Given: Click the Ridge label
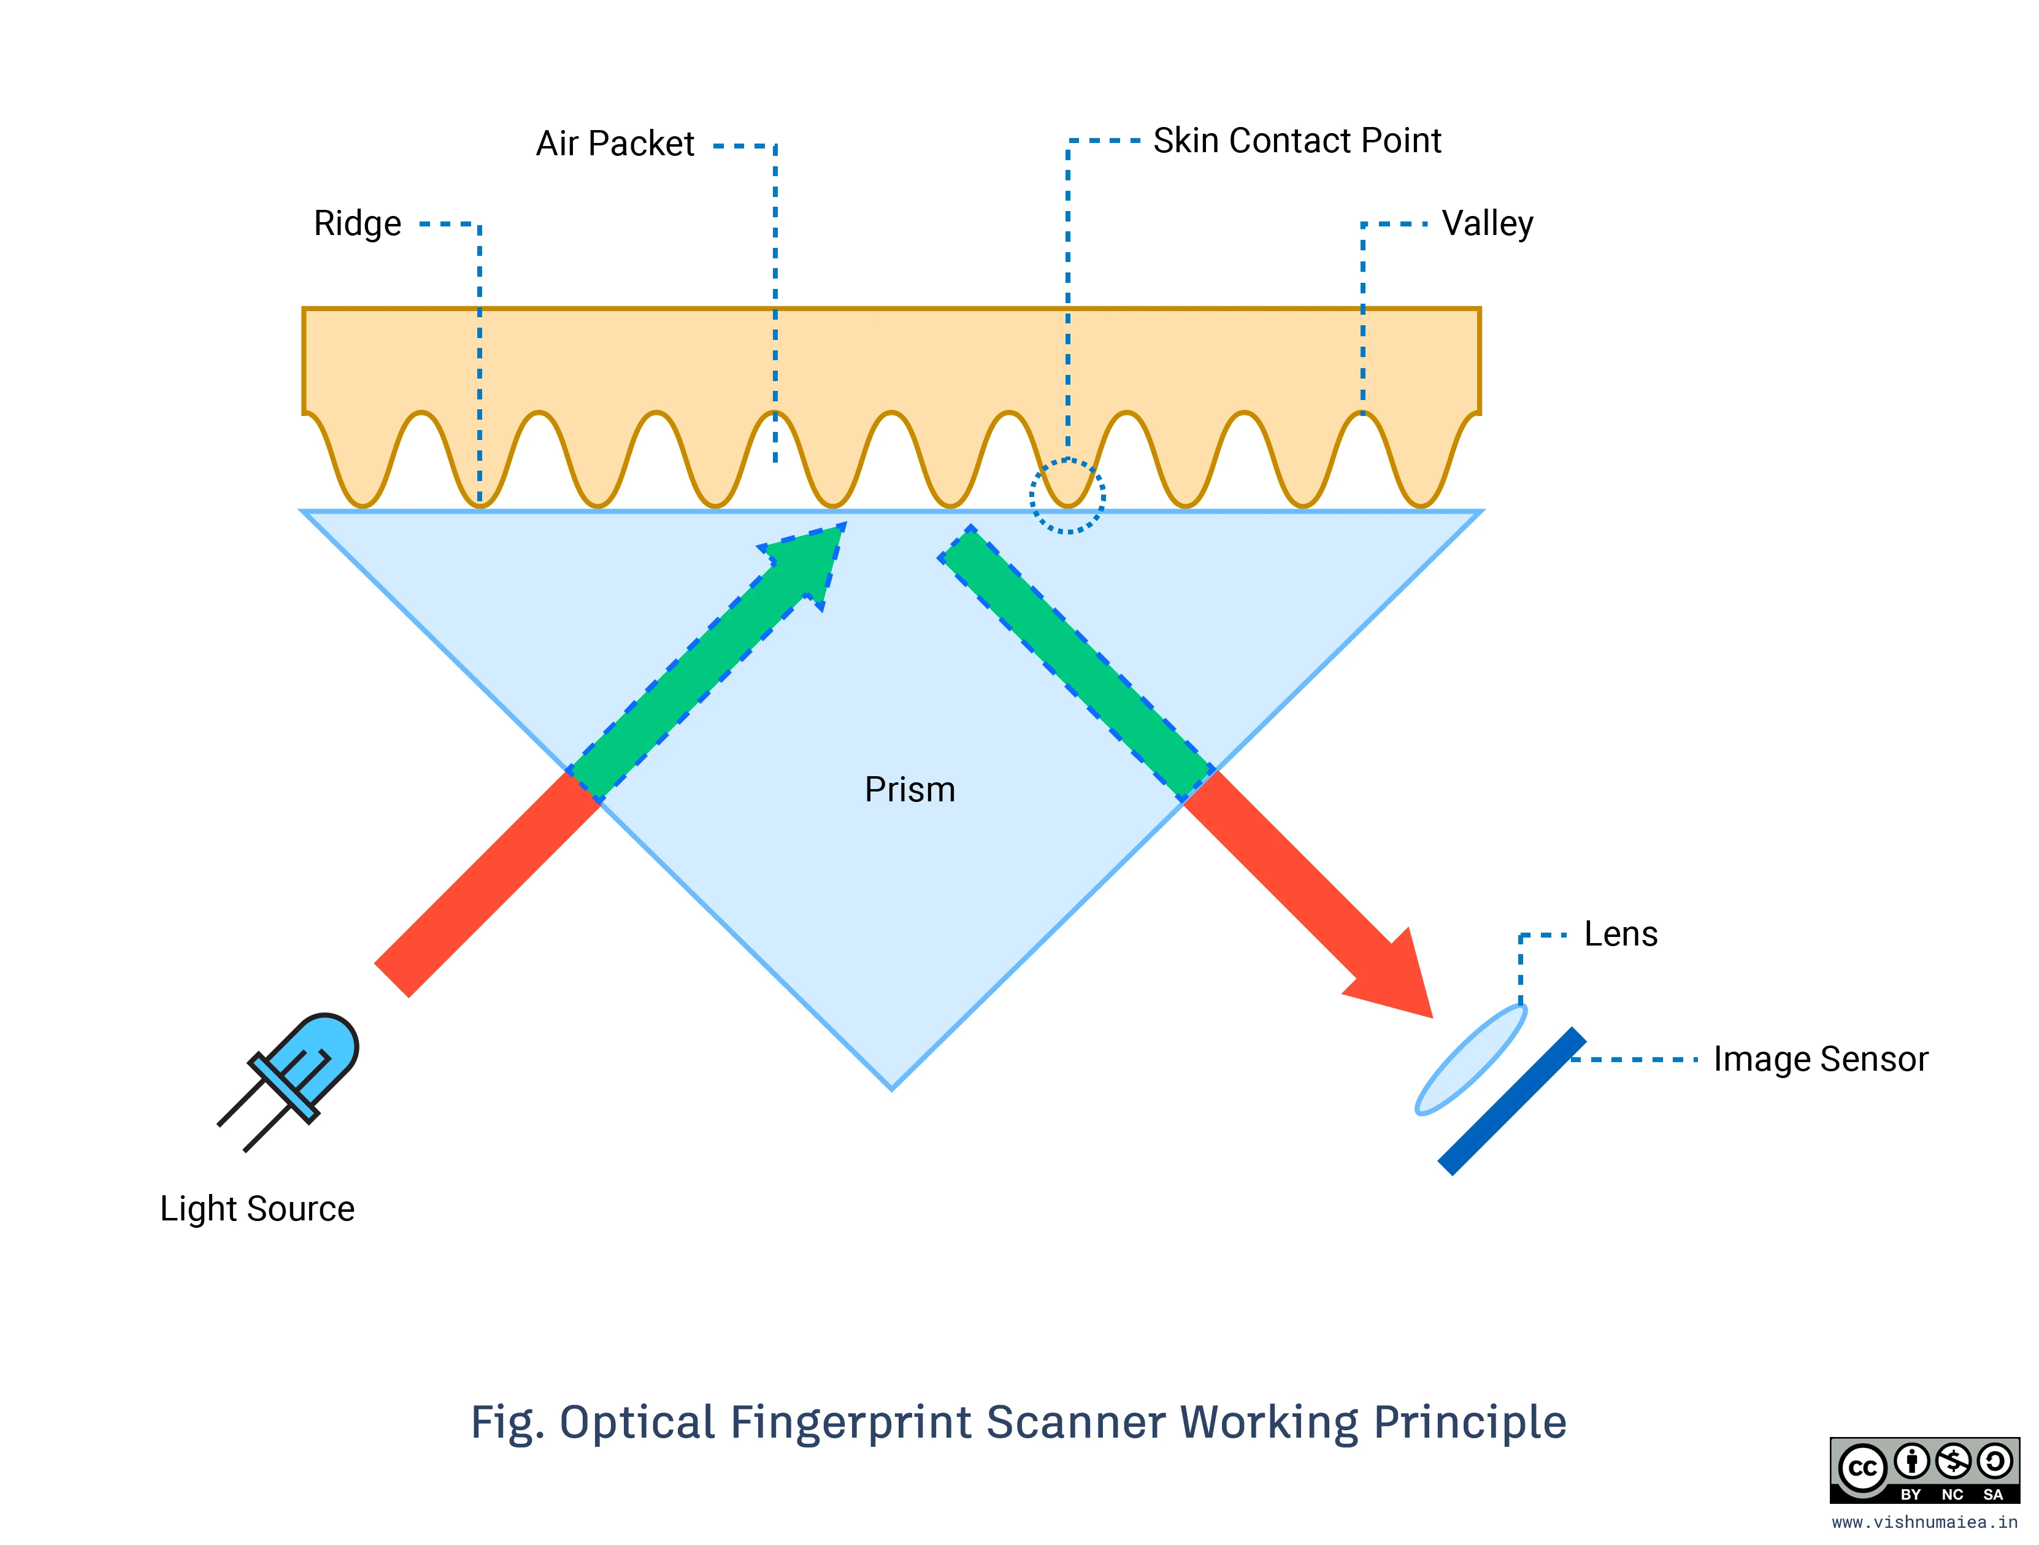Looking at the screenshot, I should coord(358,224).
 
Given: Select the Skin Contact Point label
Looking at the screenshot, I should coord(1296,141).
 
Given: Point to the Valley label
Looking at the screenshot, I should coord(1487,224).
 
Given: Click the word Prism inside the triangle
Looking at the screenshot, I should coord(910,790).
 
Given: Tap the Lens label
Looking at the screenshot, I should coord(1621,934).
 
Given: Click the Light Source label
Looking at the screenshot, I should coord(257,1209).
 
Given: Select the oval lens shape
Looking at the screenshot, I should coord(1471,1060).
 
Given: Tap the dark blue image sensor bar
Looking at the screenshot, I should coord(1511,1101).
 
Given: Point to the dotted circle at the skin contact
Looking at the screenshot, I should coord(1067,496).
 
